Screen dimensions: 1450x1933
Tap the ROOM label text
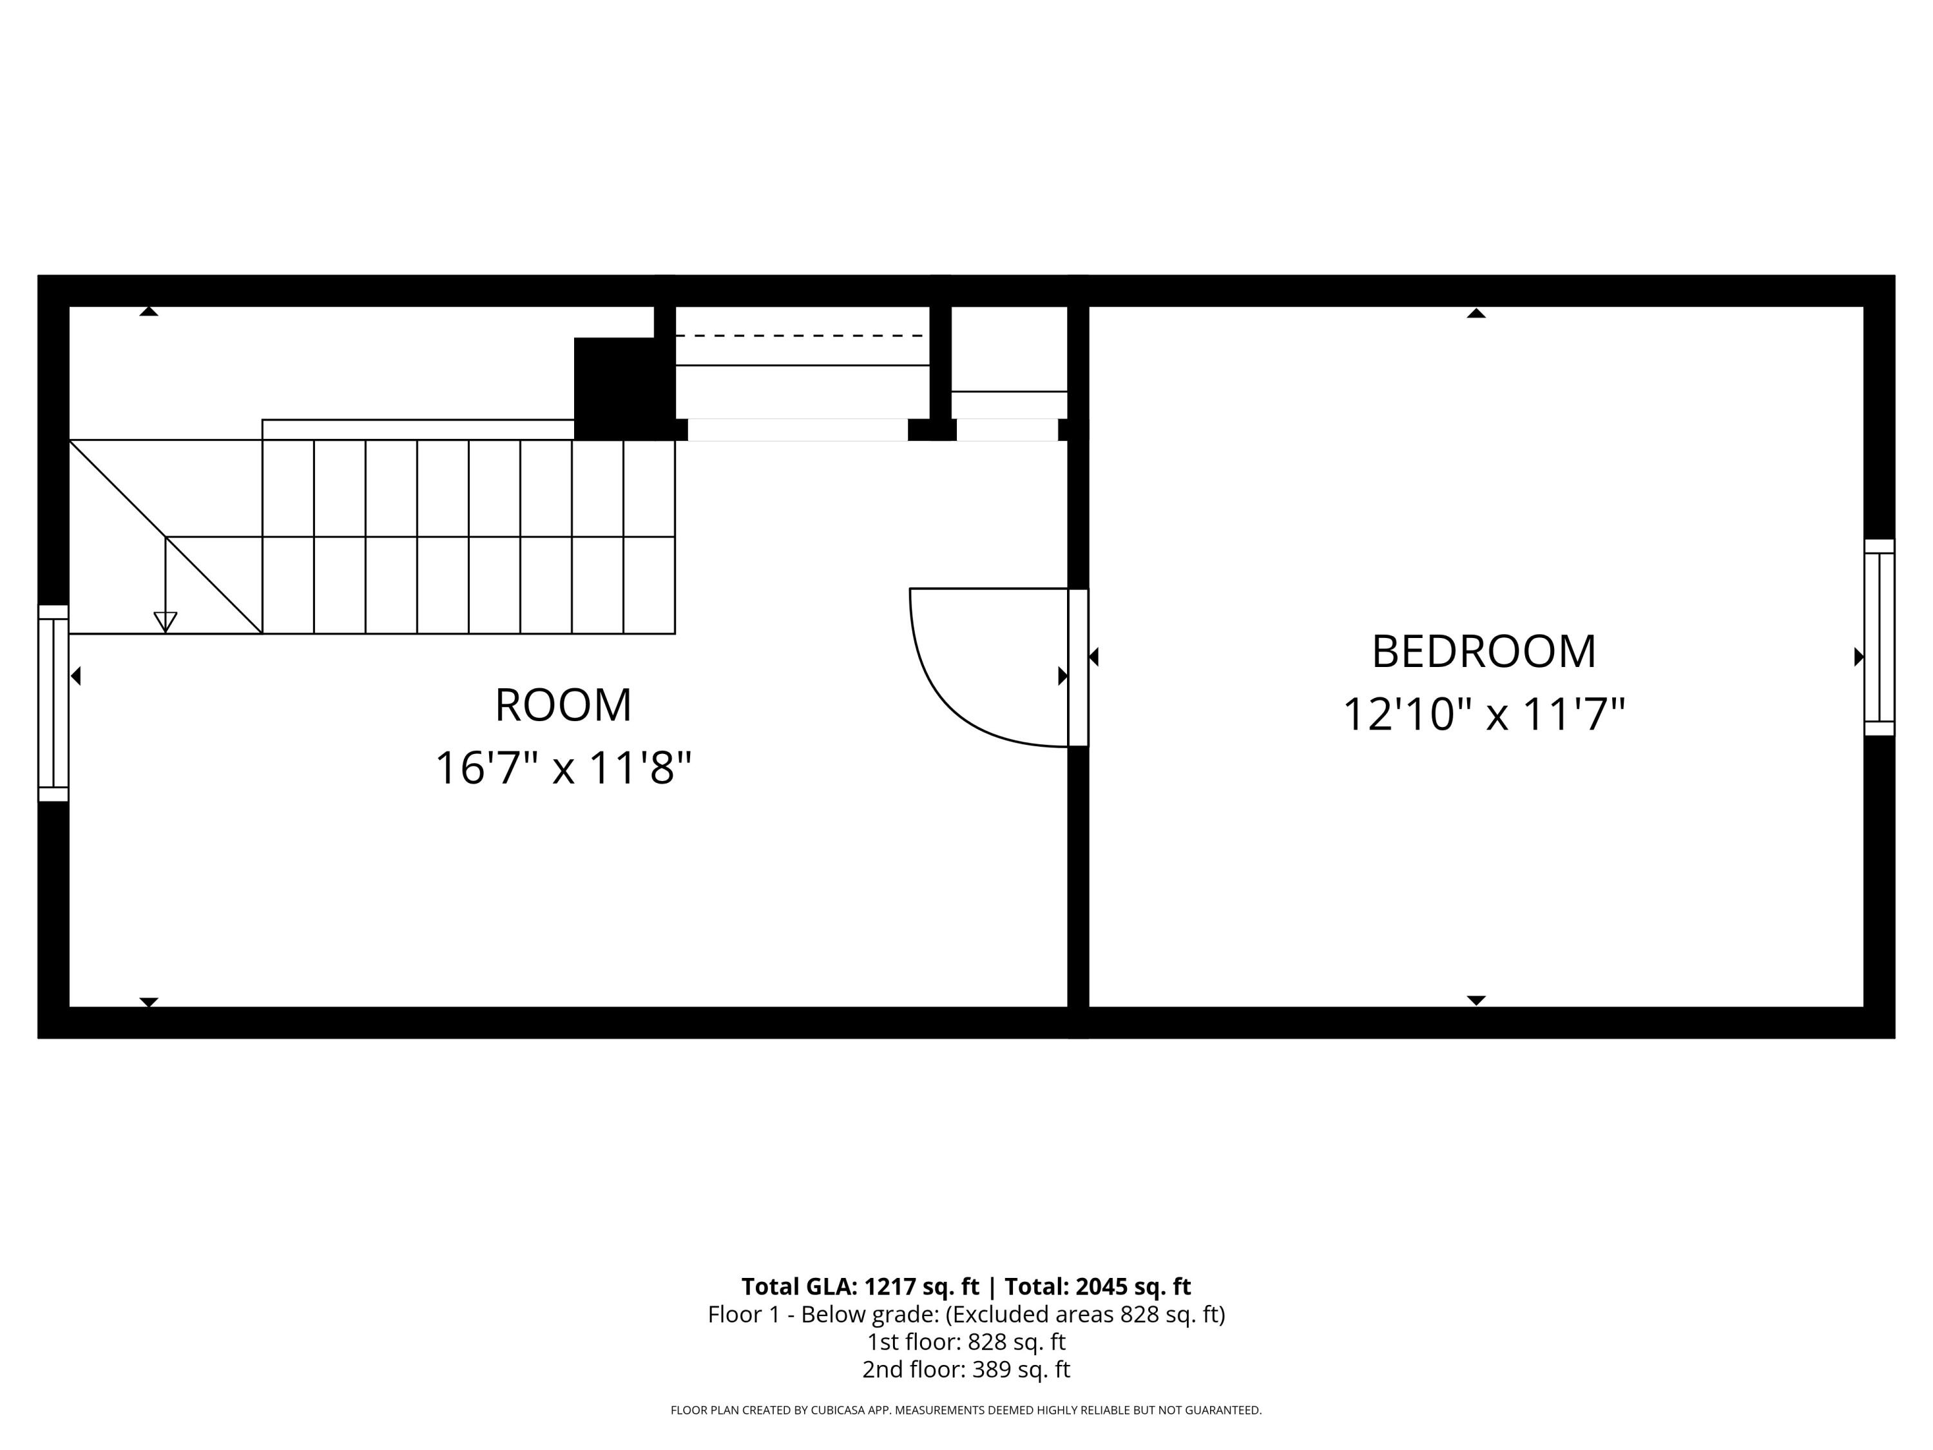(x=563, y=705)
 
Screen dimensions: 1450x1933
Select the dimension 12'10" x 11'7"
(x=1483, y=715)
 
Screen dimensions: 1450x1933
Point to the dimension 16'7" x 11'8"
(x=563, y=768)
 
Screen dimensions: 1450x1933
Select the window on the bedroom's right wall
(x=1879, y=637)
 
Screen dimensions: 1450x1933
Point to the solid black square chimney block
(x=616, y=388)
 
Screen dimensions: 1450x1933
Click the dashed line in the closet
(x=800, y=336)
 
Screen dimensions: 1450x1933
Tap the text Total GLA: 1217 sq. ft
(x=860, y=1286)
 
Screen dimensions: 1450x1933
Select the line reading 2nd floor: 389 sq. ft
(x=966, y=1369)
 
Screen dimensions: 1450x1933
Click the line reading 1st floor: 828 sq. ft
(x=966, y=1342)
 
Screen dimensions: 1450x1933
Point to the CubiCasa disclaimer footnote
(x=966, y=1410)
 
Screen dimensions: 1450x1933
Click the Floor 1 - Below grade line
(x=966, y=1315)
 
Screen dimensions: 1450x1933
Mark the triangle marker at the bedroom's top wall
(x=1476, y=313)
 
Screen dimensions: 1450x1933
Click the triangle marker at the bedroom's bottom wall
(x=1476, y=1000)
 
